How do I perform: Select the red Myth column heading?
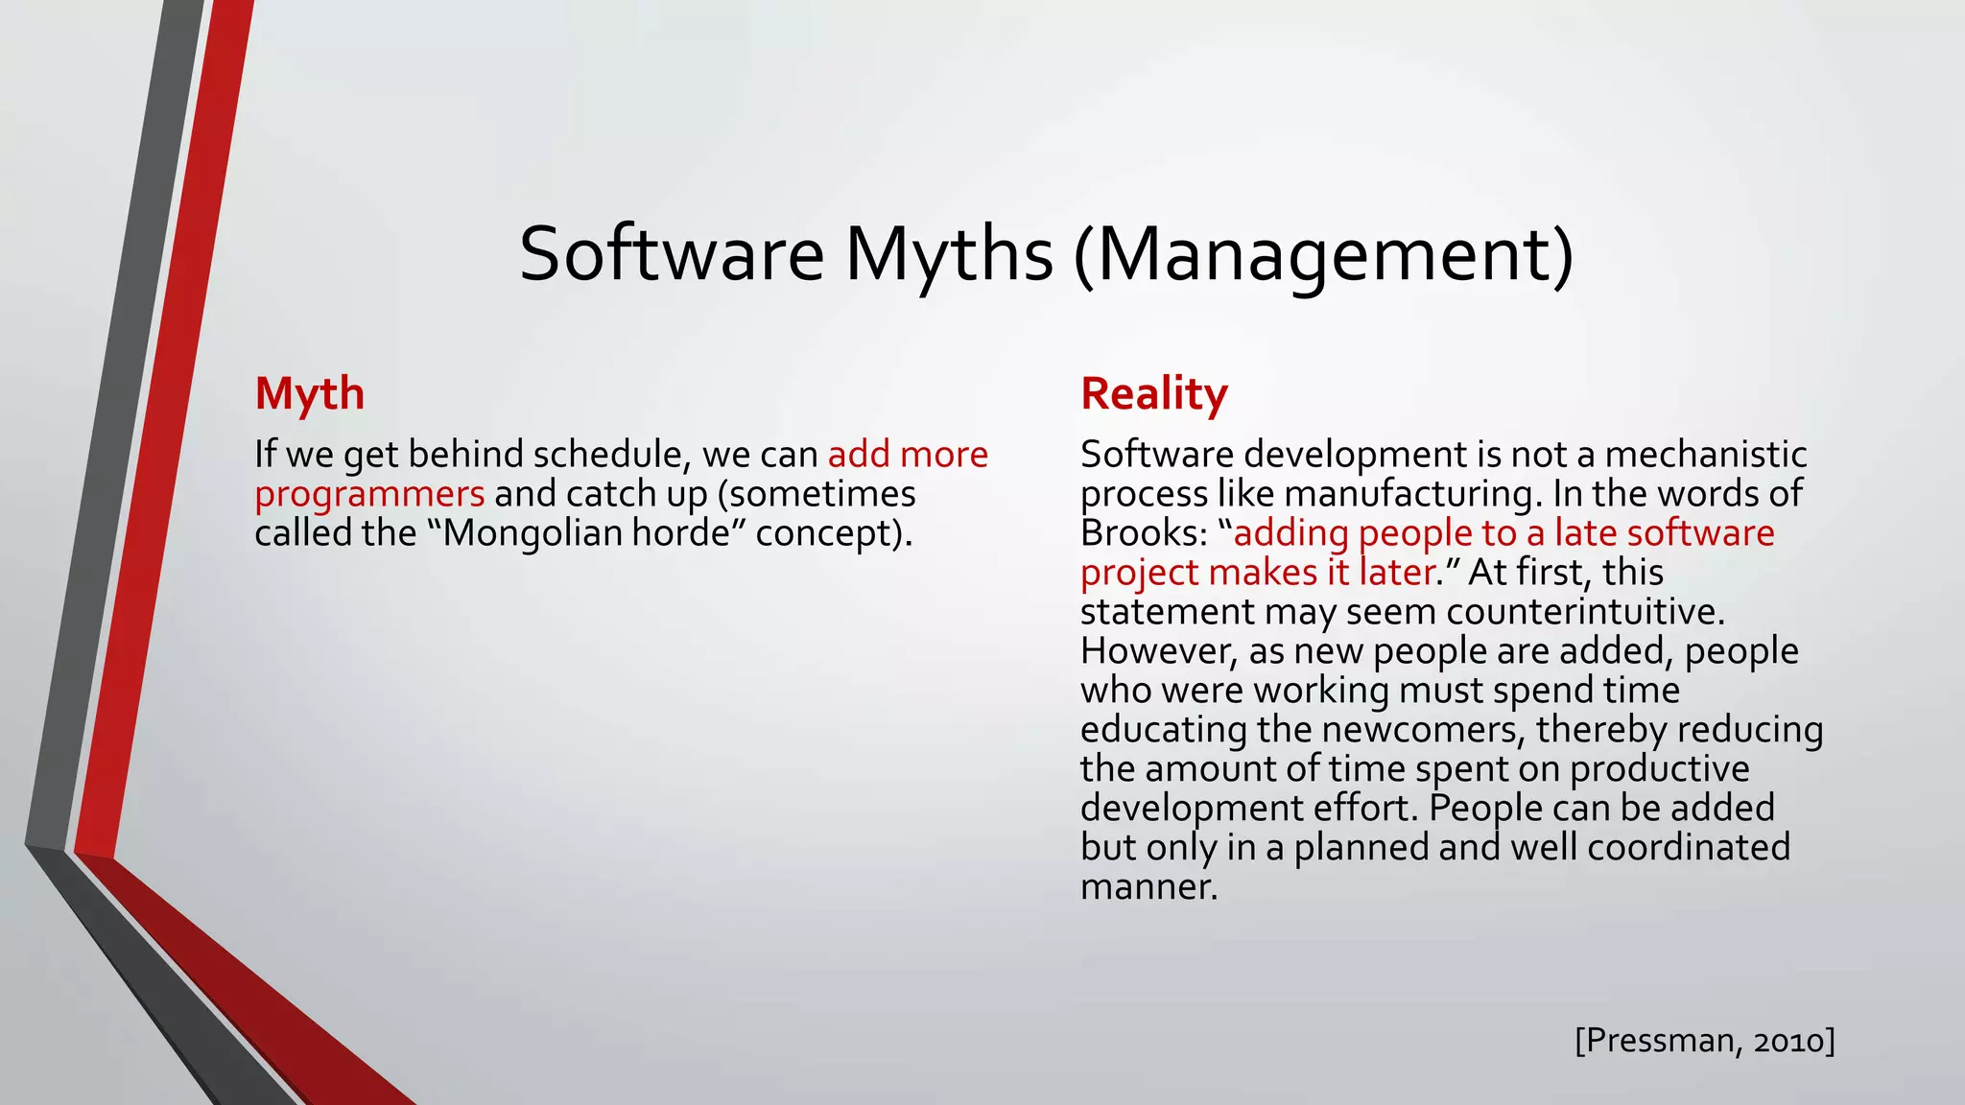coord(309,393)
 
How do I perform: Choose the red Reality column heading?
coord(1153,393)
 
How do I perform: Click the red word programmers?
coord(369,494)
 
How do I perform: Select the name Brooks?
coord(1138,533)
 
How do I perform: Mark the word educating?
coord(1163,730)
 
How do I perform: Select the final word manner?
coord(1148,887)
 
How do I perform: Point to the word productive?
coord(1659,769)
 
